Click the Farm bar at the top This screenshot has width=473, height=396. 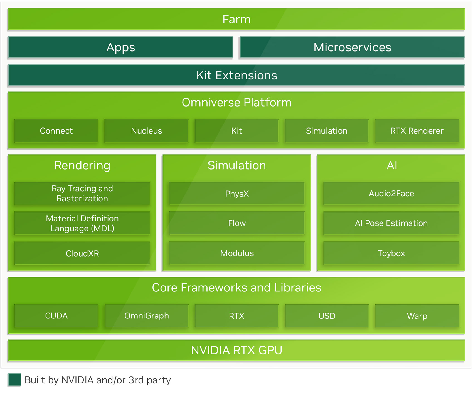237,19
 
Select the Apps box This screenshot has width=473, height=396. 120,47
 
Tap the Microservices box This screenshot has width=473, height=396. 352,47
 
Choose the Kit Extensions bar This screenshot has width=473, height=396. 237,75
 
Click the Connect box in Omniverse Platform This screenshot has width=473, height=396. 56,131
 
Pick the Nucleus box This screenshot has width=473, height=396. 146,131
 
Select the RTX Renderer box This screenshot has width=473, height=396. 417,131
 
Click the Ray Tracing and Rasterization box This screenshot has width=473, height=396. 82,194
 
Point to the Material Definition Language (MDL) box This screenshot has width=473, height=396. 82,223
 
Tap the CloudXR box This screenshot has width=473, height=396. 82,253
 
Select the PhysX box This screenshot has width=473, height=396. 237,194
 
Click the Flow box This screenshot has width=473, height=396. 237,223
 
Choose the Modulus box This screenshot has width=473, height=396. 237,253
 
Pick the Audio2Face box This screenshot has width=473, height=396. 391,194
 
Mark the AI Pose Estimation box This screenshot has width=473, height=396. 391,223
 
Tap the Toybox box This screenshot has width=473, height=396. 391,253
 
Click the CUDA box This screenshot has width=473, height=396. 56,316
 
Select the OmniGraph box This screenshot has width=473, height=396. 146,316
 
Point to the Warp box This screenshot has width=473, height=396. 417,316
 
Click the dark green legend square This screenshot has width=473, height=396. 14,380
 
